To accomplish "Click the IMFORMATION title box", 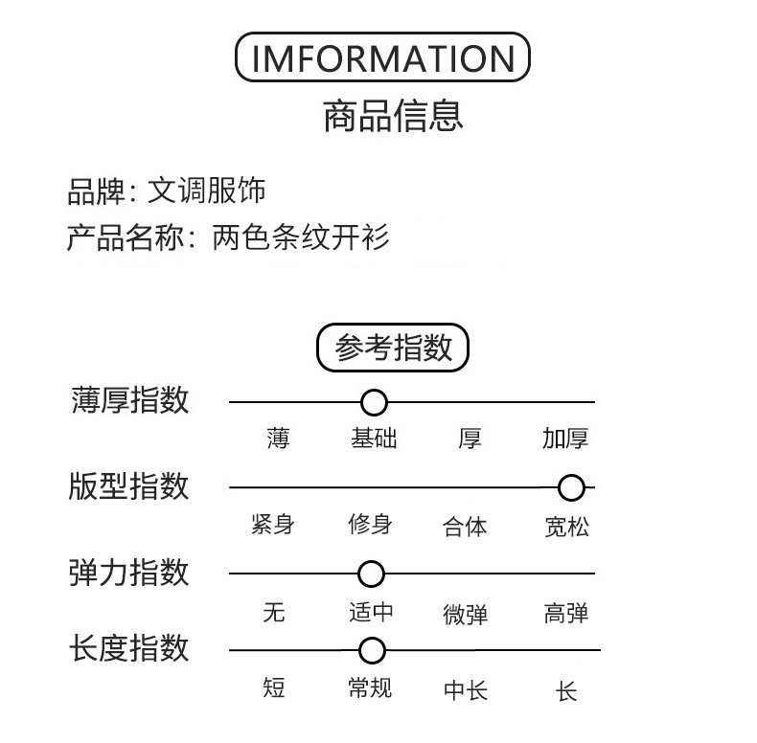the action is point(382,58).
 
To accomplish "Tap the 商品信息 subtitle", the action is point(393,116).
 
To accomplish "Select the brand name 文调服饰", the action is point(206,191).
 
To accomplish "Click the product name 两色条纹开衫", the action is point(301,236).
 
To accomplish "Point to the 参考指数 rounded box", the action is point(392,349).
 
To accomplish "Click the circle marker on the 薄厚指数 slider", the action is point(374,402).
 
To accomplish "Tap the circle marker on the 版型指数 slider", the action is point(571,488).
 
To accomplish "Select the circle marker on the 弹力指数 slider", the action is point(371,574).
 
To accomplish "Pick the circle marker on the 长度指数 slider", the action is point(372,651).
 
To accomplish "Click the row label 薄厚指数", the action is point(130,400).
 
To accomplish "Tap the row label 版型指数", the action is point(129,486).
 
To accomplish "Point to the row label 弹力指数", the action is point(129,573).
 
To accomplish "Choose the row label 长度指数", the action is point(129,648).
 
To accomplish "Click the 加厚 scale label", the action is point(565,439).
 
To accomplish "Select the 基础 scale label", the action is point(374,439).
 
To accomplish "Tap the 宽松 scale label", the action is point(567,526).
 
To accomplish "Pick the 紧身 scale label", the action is point(272,525).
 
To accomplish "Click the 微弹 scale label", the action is point(466,614).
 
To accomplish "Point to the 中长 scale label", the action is point(466,689).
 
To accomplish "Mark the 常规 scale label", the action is point(370,687).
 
